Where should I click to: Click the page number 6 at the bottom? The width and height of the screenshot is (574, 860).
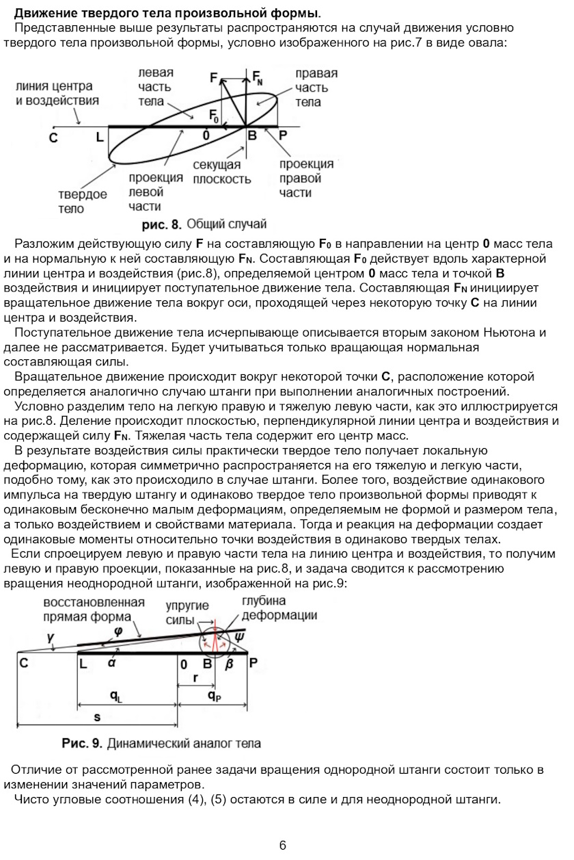click(x=282, y=845)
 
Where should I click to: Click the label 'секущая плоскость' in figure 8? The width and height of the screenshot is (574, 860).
click(x=221, y=173)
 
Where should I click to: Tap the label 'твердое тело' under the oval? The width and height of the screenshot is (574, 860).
click(x=82, y=201)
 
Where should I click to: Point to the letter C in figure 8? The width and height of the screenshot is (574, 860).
click(x=53, y=137)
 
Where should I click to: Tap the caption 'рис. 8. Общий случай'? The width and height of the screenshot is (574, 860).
click(x=204, y=224)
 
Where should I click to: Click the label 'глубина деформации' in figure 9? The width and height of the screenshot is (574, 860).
click(x=279, y=608)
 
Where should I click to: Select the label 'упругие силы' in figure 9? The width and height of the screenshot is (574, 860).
click(x=187, y=612)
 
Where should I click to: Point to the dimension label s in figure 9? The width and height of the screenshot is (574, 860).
click(x=97, y=716)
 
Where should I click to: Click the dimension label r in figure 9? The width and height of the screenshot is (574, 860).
click(x=195, y=677)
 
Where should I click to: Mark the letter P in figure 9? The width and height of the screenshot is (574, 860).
click(x=253, y=662)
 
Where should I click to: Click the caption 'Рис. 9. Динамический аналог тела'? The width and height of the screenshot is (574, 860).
click(x=161, y=742)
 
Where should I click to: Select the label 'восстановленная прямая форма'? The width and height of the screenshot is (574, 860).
click(x=94, y=609)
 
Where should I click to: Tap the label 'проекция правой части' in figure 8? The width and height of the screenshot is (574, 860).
click(x=306, y=178)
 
